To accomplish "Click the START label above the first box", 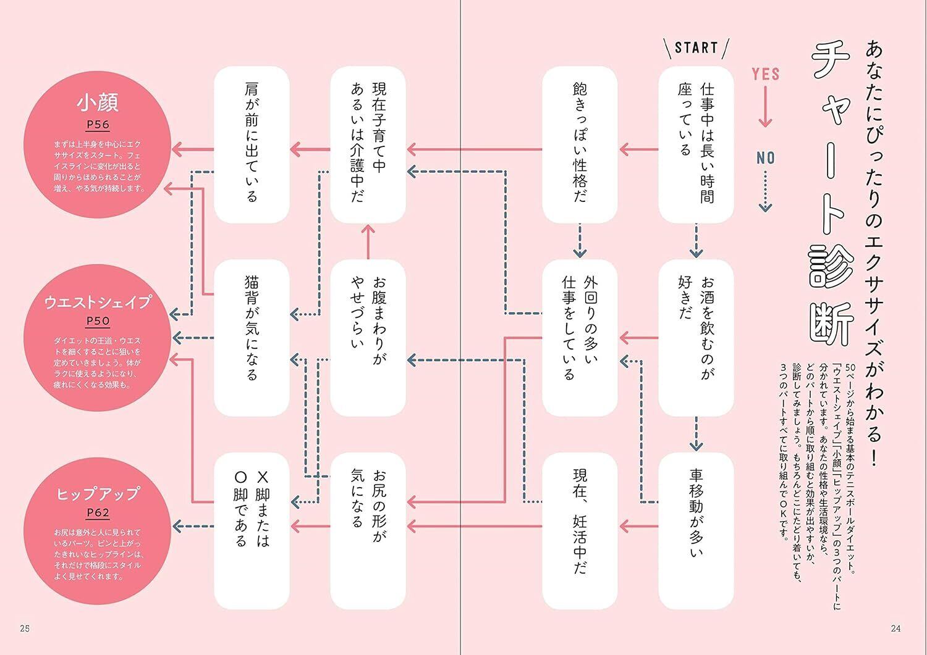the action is click(696, 48).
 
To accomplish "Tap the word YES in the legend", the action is click(766, 75).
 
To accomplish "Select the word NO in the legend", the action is click(766, 157).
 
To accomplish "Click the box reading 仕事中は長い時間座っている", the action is click(696, 144).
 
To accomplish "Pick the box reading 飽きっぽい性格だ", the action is click(580, 144).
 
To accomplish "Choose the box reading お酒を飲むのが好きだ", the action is click(696, 338).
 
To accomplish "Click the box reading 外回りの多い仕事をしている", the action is click(580, 338).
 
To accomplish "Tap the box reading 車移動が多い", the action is click(696, 531).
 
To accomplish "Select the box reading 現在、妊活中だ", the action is click(580, 531).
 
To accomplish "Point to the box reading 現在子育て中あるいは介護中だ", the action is click(368, 144).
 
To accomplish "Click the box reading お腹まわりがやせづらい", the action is click(368, 338).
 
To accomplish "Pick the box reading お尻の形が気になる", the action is click(368, 531).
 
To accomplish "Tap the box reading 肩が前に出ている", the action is click(252, 144).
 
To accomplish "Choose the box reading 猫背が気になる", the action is click(252, 338).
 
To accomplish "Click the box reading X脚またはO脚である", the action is click(252, 531).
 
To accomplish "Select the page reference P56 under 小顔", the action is click(98, 125).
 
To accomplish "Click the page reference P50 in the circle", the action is click(98, 321).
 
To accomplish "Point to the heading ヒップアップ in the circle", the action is click(98, 494).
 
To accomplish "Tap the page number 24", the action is click(895, 628).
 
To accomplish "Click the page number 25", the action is click(25, 628).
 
